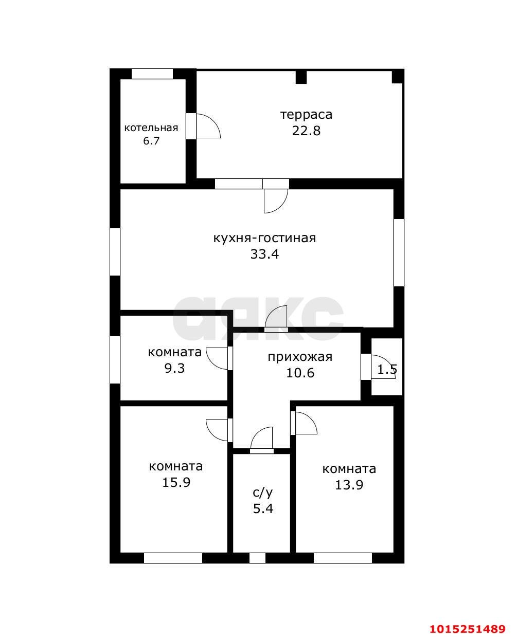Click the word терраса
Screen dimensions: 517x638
(x=306, y=115)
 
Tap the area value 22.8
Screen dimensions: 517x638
(x=306, y=131)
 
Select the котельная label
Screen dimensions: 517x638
(x=151, y=128)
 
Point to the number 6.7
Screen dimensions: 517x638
(x=151, y=141)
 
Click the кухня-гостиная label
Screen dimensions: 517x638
(x=264, y=238)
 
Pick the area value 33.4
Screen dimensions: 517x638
(x=264, y=254)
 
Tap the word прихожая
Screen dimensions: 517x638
(x=300, y=357)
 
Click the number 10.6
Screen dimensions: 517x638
(x=300, y=373)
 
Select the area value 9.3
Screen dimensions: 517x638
(x=175, y=369)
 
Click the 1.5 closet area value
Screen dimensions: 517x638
(x=387, y=370)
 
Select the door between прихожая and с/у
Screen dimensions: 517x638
(x=262, y=440)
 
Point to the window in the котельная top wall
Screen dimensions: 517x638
(x=152, y=74)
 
